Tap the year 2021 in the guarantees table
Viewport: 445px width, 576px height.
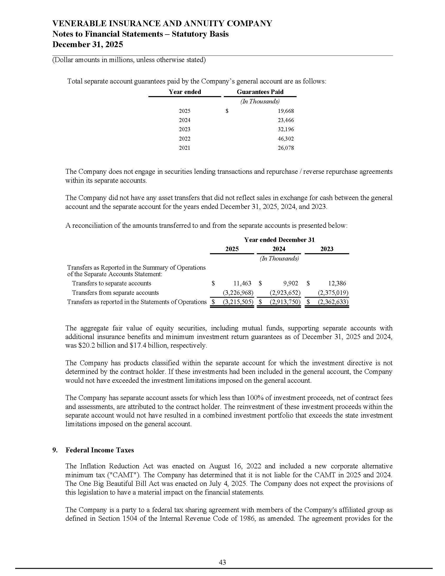coord(185,148)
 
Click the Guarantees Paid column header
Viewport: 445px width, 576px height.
coord(260,92)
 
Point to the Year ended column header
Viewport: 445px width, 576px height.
coord(185,92)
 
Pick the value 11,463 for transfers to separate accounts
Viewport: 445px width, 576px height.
coord(242,283)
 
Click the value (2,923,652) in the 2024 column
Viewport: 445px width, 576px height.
coord(285,293)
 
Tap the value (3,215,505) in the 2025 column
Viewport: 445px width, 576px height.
coord(238,302)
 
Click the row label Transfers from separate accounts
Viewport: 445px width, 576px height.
coord(115,293)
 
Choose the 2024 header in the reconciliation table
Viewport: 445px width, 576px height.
coord(279,249)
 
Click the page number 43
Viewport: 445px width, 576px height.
coord(222,563)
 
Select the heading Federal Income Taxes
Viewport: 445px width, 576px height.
coord(100,450)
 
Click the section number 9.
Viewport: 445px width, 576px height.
coord(54,450)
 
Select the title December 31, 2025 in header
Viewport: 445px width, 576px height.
coord(87,44)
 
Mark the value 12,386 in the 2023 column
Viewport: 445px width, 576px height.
coord(337,283)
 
